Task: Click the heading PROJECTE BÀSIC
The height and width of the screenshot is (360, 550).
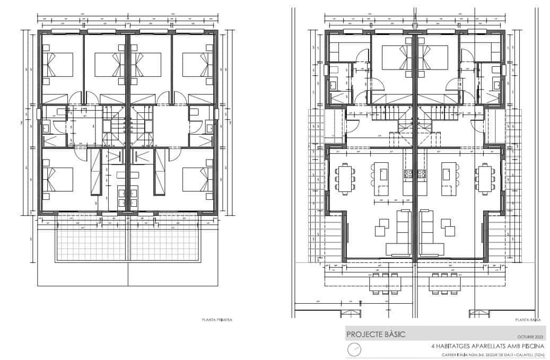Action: (376, 335)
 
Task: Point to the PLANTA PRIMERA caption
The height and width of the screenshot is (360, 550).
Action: (217, 320)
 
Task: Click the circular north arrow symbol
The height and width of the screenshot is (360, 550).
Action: (354, 349)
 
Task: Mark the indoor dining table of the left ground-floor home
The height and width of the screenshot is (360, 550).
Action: (344, 178)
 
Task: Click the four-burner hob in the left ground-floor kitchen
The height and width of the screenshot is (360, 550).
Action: (408, 173)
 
